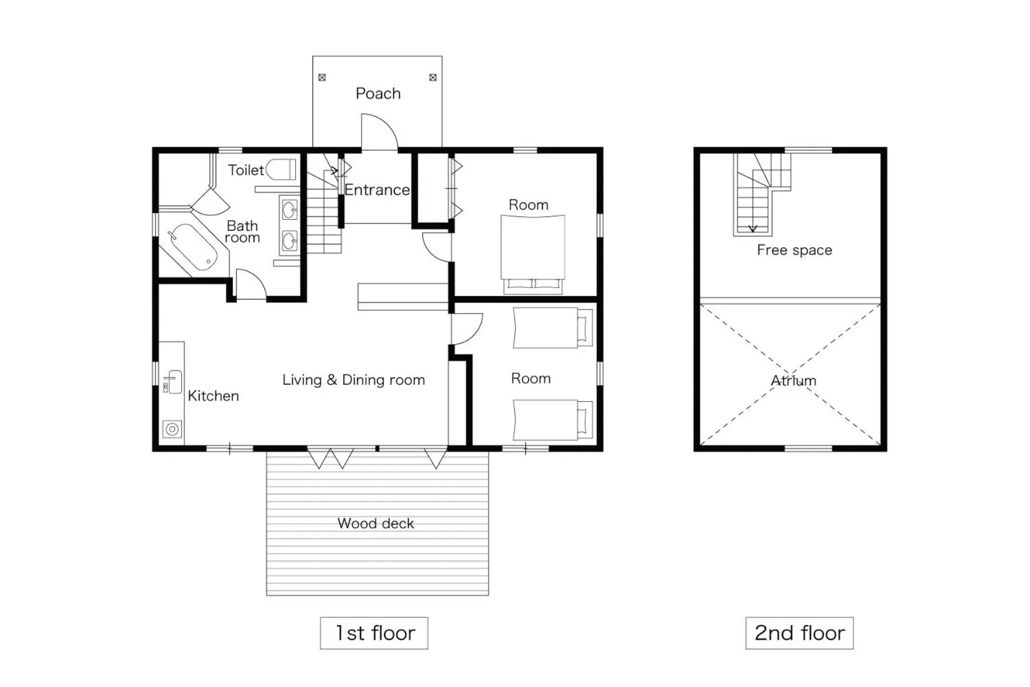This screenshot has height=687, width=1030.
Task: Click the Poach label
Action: [378, 93]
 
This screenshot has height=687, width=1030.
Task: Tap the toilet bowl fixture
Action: [282, 169]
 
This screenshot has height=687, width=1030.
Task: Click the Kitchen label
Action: [213, 396]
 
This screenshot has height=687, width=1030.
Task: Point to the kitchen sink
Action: [173, 382]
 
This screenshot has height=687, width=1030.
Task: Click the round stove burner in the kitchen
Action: [172, 429]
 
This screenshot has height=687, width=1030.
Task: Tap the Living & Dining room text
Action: [353, 380]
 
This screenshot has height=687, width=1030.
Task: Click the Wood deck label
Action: [375, 523]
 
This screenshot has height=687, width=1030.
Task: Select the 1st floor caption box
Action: [374, 633]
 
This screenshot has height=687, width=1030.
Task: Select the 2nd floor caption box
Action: [799, 633]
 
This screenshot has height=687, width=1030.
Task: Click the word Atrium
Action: [793, 381]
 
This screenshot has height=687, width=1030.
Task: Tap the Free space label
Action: [794, 250]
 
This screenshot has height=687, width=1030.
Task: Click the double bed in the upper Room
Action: [532, 252]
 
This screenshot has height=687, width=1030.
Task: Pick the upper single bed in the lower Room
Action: [552, 328]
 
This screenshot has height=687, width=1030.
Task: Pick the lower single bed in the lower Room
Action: [552, 420]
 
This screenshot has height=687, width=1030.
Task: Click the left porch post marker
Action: [322, 77]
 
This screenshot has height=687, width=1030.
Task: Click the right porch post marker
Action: [433, 77]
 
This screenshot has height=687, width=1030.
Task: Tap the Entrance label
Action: [377, 190]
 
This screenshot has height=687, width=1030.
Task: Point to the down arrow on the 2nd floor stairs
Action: [752, 228]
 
